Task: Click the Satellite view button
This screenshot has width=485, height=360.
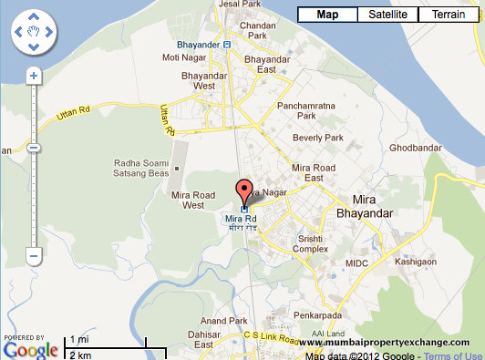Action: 388,15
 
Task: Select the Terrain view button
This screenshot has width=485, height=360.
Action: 448,15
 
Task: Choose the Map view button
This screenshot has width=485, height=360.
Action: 327,15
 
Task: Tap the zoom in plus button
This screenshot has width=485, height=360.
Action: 34,77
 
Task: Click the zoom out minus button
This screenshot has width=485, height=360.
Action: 34,257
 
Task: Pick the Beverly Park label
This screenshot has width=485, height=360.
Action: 316,138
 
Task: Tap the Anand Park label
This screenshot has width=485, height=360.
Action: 224,321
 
